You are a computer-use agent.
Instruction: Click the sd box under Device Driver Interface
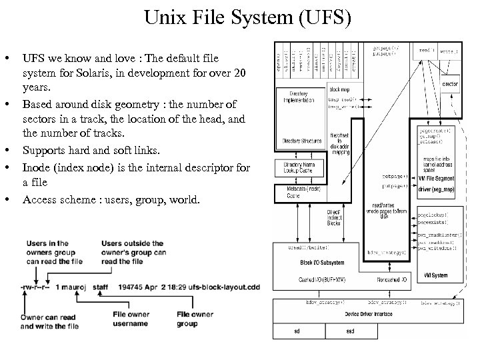coord(297,331)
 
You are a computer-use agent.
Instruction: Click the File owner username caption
coord(129,319)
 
